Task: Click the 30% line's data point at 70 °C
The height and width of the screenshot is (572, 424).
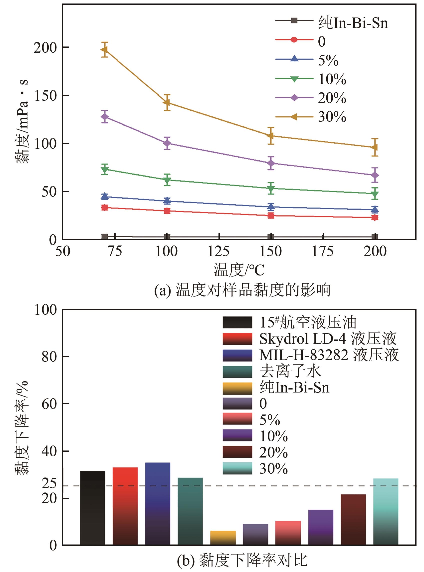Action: point(104,49)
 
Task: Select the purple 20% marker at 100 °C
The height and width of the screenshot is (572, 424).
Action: point(167,143)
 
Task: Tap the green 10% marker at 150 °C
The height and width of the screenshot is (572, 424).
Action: point(271,188)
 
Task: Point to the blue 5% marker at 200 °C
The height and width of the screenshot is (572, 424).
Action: point(375,209)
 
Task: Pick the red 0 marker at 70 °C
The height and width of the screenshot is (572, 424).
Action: point(104,207)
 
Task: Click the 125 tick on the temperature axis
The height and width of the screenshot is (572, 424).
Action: point(218,251)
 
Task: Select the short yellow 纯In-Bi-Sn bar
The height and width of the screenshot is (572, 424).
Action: point(223,537)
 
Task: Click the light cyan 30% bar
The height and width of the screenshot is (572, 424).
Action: point(386,511)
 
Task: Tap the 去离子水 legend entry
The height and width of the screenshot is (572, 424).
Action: point(290,371)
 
